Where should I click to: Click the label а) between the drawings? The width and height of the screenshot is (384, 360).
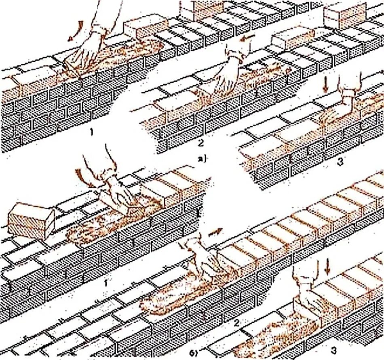tap(202, 159)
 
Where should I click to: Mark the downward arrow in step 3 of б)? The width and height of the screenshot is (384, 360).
tap(327, 266)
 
